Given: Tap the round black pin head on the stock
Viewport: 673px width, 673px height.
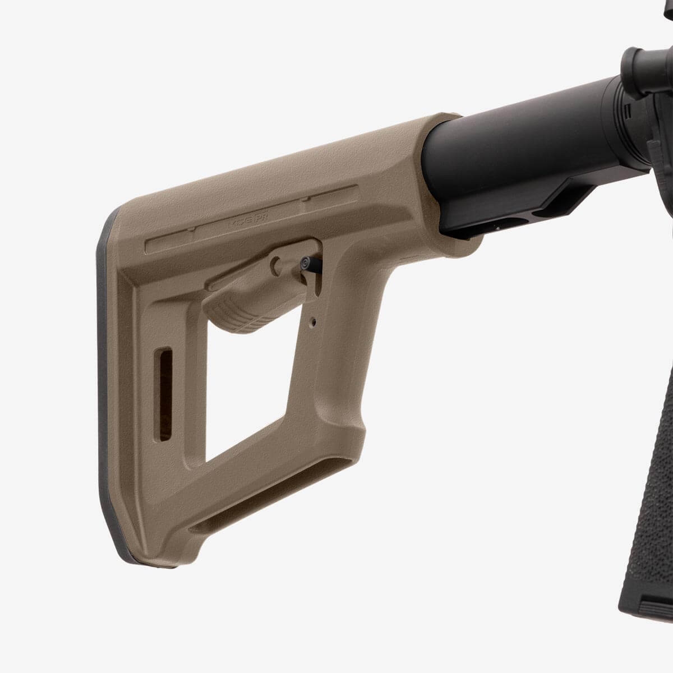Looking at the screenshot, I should point(306,262).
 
